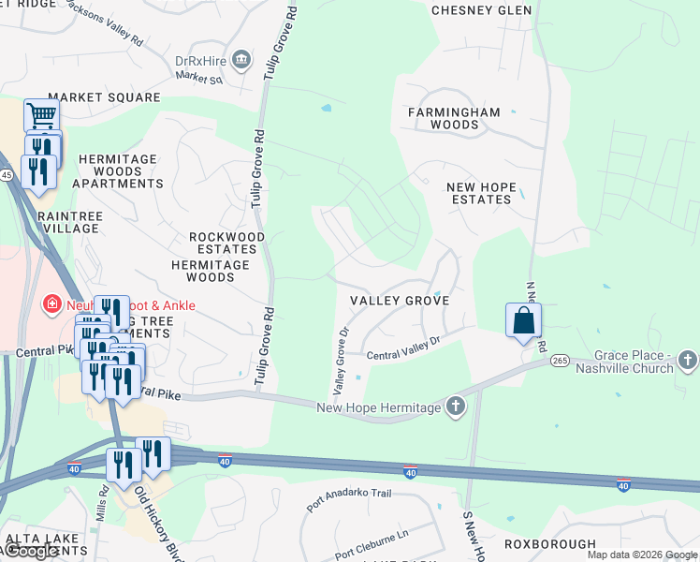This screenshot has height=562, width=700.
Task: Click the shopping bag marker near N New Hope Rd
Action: (524, 321)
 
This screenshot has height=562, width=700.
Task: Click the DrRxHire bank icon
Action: (241, 62)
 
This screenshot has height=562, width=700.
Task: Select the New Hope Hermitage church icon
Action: (455, 407)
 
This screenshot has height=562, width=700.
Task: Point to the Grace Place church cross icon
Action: (687, 361)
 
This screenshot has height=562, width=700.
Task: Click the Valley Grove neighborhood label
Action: (400, 301)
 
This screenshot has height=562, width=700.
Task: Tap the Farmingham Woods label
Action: (454, 118)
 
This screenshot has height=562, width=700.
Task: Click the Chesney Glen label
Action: (481, 10)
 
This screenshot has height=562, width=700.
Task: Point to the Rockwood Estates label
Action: (226, 244)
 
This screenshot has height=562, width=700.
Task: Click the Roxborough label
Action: (550, 544)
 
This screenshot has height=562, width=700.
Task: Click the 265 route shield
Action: (561, 361)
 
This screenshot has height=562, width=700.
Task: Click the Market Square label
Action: (104, 97)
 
